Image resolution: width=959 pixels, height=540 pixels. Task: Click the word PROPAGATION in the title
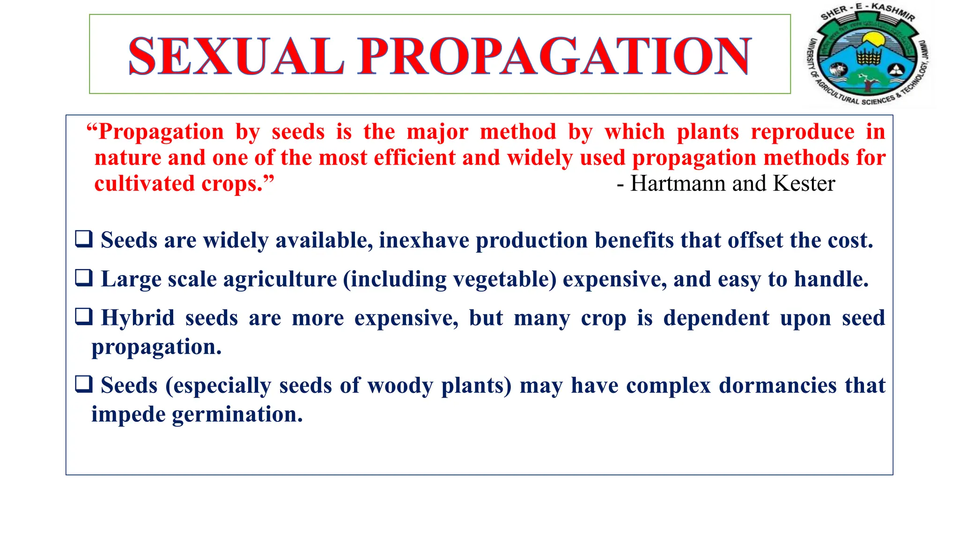click(x=554, y=56)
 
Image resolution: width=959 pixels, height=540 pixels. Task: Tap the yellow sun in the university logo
click(x=871, y=39)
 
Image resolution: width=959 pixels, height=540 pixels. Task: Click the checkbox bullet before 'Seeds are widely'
click(x=84, y=239)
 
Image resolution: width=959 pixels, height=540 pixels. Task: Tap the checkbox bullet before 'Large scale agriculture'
click(x=84, y=278)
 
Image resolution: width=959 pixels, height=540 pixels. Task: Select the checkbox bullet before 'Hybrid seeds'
click(x=84, y=317)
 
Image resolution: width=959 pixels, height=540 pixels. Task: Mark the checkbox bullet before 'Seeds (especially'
click(x=84, y=384)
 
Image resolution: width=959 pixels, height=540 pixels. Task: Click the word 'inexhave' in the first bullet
click(x=424, y=240)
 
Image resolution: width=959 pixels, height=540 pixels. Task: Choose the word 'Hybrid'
click(x=138, y=318)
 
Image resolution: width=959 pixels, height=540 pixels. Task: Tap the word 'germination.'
click(x=237, y=415)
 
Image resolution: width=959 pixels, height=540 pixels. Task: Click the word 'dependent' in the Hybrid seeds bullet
click(x=716, y=318)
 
